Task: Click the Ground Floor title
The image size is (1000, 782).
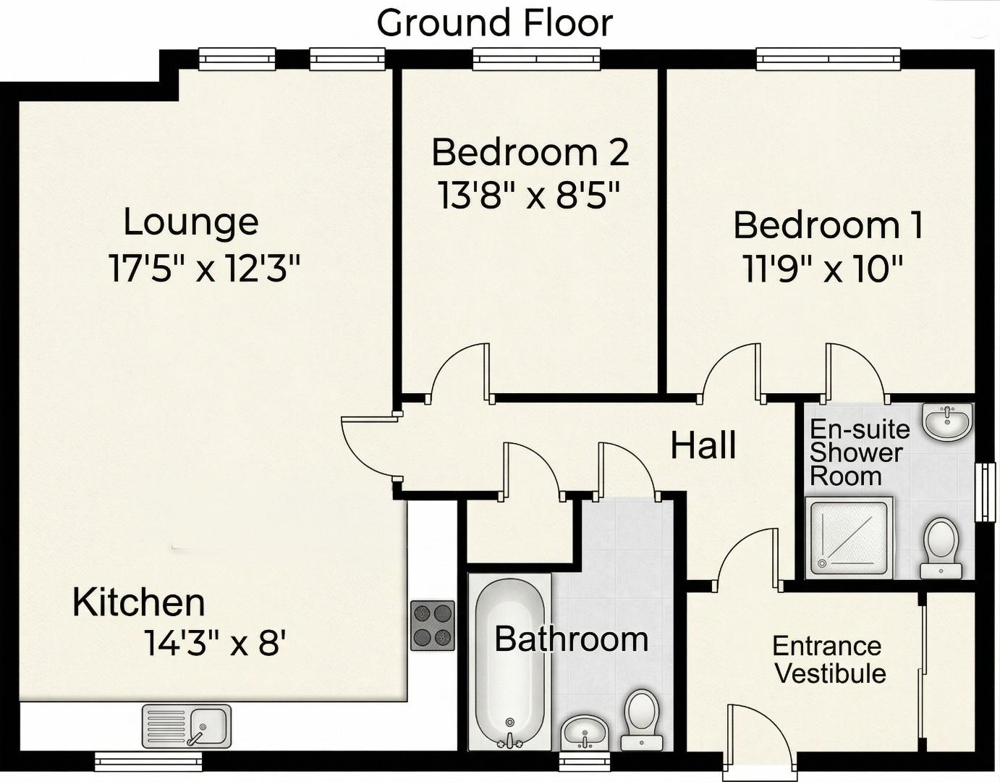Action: click(494, 23)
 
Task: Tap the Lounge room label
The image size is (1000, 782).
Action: click(190, 222)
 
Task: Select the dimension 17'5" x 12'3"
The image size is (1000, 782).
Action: click(204, 269)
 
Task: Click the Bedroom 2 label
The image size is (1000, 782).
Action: click(530, 153)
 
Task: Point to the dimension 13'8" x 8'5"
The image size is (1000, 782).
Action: click(530, 195)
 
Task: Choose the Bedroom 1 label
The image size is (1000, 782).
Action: click(828, 225)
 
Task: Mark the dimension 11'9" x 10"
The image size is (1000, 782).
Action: click(823, 270)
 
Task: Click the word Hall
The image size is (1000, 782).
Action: click(703, 445)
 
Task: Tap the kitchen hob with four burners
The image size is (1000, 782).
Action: click(433, 626)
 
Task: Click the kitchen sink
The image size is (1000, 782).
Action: click(187, 726)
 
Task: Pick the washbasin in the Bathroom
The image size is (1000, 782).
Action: click(585, 733)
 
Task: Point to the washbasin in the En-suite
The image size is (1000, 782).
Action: click(947, 421)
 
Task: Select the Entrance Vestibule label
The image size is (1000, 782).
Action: click(829, 660)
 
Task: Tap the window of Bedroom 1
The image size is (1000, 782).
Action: click(828, 59)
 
